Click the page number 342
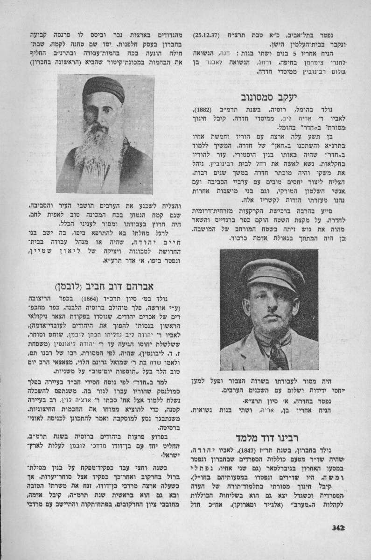[339, 527]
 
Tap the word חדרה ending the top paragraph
[265, 72]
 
